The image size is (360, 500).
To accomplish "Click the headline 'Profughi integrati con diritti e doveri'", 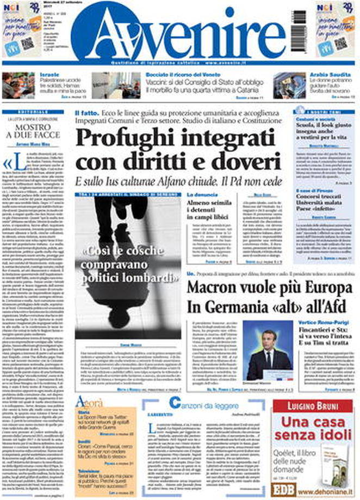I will pyautogui.click(x=175, y=147).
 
